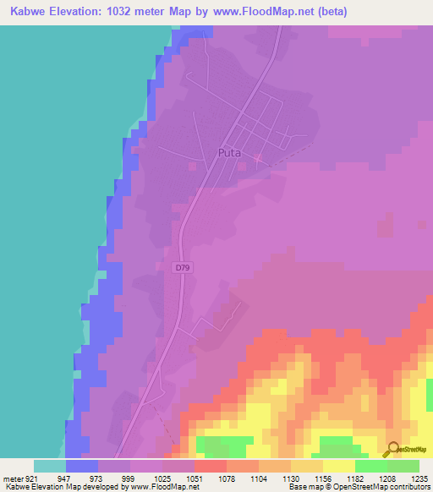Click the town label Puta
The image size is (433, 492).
230,153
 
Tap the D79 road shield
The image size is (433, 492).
183,268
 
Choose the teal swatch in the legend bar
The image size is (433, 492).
50,466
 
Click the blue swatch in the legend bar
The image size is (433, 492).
82,466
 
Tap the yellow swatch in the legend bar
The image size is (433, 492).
339,466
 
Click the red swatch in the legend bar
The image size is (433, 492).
211,466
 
